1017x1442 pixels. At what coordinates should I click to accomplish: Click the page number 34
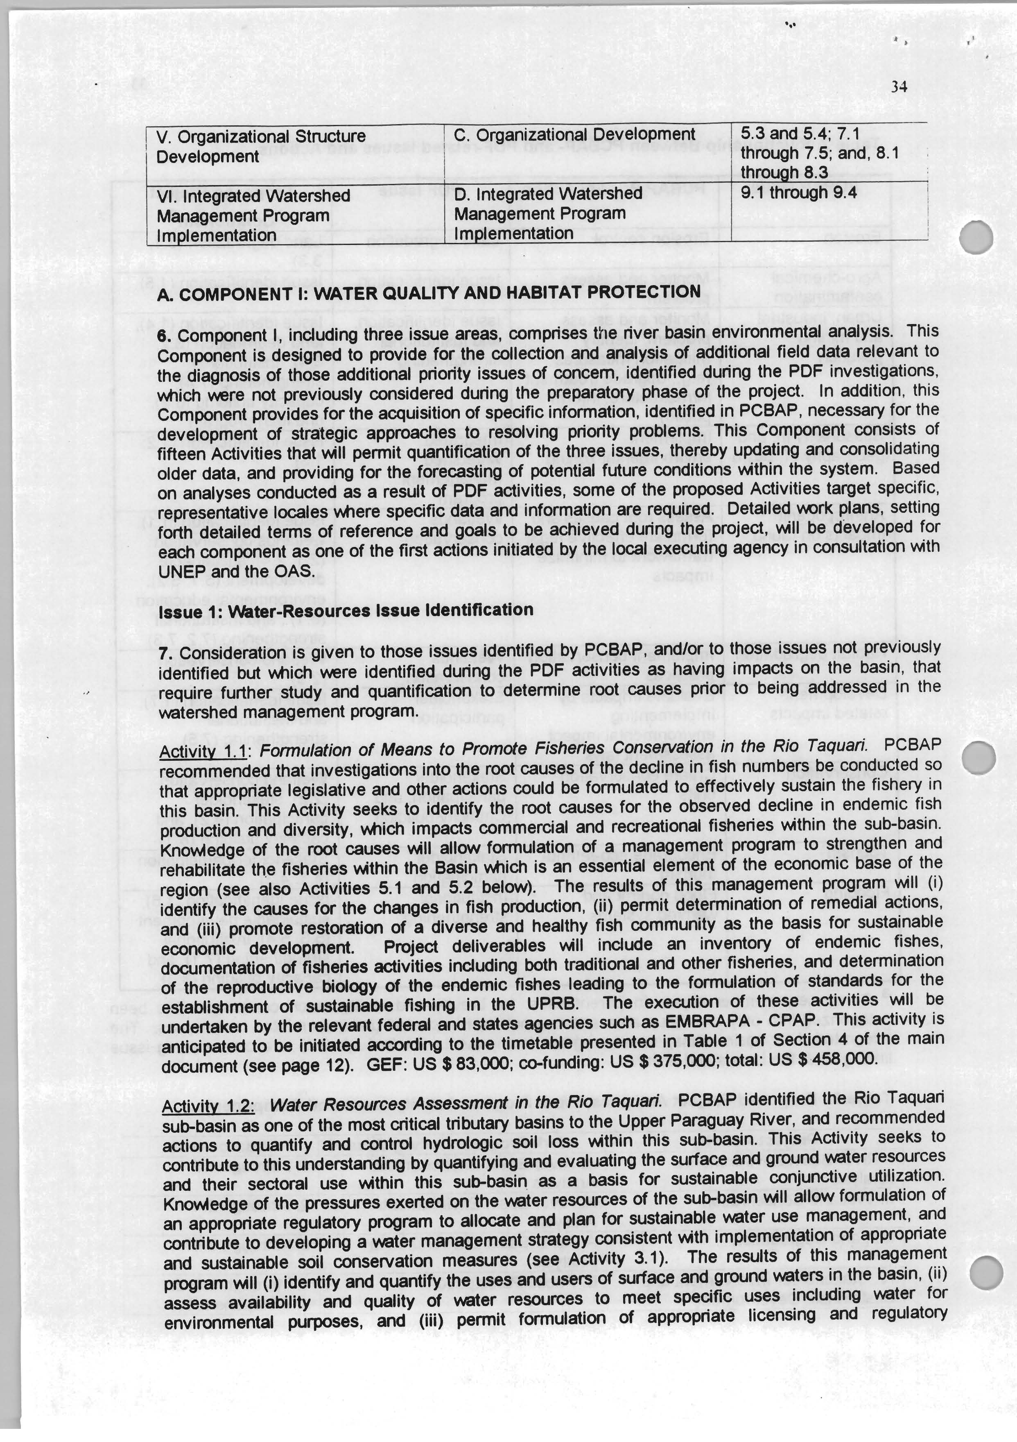899,87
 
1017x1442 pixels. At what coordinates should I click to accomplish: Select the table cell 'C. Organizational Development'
574,135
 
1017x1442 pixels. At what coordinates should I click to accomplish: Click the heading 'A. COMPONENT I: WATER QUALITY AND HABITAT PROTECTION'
429,292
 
